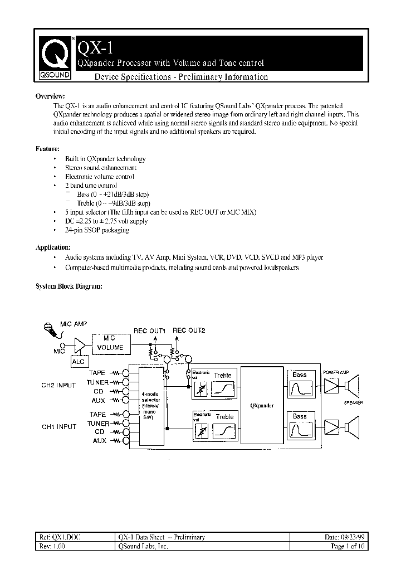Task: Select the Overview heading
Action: click(x=50, y=96)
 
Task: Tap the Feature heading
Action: click(x=48, y=149)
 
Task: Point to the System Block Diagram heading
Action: click(x=69, y=286)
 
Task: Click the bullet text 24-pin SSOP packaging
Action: click(x=97, y=230)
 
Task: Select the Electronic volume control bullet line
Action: click(x=99, y=177)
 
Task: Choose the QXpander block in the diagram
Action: click(x=261, y=406)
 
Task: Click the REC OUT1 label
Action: click(x=149, y=330)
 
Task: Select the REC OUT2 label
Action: click(x=189, y=330)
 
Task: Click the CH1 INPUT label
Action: click(x=59, y=427)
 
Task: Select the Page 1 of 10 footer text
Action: click(x=348, y=547)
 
